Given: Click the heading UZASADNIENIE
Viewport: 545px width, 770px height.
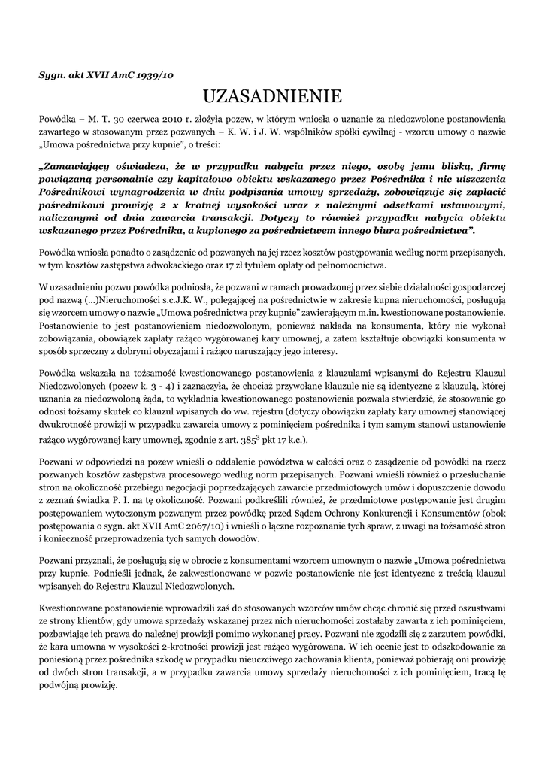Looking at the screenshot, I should [x=272, y=95].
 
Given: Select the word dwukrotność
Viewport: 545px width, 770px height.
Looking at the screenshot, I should [x=65, y=425].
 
